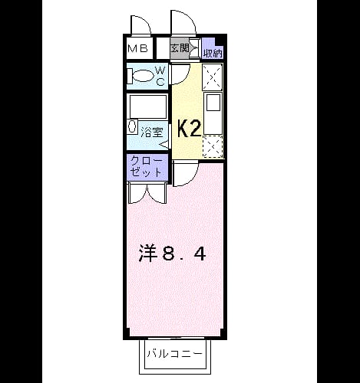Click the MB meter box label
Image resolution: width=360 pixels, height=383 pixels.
point(137,48)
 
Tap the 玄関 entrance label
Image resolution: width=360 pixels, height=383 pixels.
point(180,47)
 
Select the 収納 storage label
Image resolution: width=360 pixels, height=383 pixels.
point(213,54)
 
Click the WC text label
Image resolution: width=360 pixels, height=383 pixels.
point(160,76)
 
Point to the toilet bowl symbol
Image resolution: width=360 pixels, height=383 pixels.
point(140,76)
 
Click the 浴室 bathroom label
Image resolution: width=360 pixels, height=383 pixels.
point(152,133)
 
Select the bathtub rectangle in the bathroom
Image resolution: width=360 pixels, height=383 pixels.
point(148,106)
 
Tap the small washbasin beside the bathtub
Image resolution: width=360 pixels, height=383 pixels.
point(132,126)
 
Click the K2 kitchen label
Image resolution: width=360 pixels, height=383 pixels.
point(189,129)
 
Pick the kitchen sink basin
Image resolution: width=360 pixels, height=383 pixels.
point(213,103)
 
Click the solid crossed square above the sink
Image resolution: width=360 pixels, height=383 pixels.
point(213,77)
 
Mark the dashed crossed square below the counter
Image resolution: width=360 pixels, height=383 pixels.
point(213,146)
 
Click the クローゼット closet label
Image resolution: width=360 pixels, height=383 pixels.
point(147,167)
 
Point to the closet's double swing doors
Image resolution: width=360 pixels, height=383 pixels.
point(147,193)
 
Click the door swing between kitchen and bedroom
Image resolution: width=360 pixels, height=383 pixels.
point(186,175)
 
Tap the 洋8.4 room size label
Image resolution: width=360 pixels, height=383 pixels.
point(172,253)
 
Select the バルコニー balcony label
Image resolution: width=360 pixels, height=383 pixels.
point(175,354)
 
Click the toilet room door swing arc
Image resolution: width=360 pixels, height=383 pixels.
point(180,74)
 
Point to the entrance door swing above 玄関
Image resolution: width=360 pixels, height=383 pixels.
point(183,22)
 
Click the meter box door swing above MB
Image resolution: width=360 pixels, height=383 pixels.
point(140,25)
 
